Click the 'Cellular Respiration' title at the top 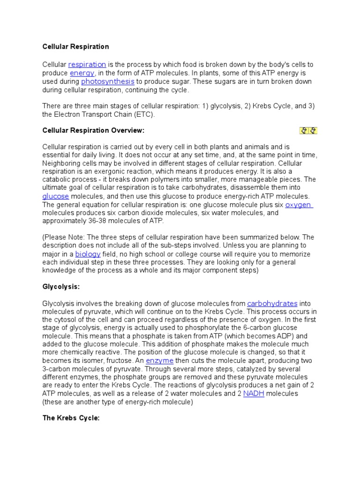pyautogui.click(x=75, y=47)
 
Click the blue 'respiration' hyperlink pyautogui.click(x=87, y=64)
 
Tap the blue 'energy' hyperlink pyautogui.click(x=82, y=73)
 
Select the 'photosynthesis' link pyautogui.click(x=108, y=82)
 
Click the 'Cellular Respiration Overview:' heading pyautogui.click(x=94, y=130)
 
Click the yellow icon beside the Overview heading pyautogui.click(x=308, y=130)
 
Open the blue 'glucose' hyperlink pyautogui.click(x=55, y=196)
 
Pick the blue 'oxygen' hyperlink pyautogui.click(x=299, y=205)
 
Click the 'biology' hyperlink pyautogui.click(x=88, y=254)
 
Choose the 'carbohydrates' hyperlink pyautogui.click(x=272, y=303)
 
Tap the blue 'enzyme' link pyautogui.click(x=160, y=360)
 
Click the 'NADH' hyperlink pyautogui.click(x=254, y=394)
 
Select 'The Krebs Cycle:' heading pyautogui.click(x=71, y=418)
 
